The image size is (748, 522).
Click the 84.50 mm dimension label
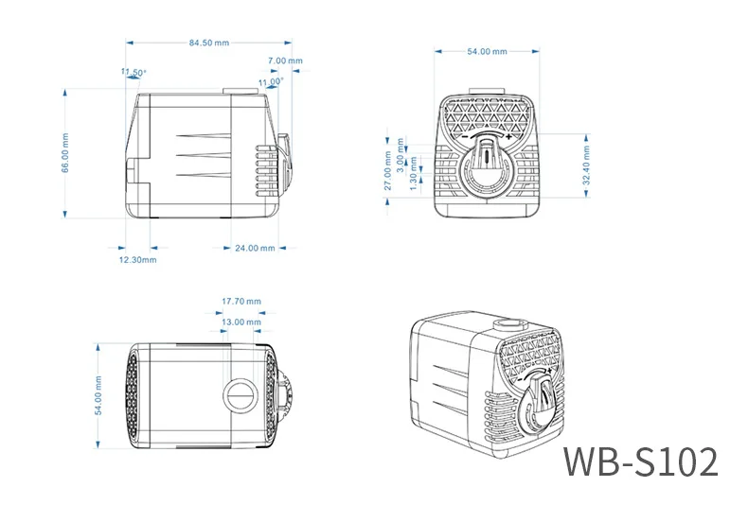pyautogui.click(x=209, y=43)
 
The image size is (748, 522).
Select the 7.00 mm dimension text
pyautogui.click(x=285, y=61)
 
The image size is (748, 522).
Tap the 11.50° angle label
pyautogui.click(x=134, y=73)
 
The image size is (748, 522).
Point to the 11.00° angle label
pyautogui.click(x=270, y=82)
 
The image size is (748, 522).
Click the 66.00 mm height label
pyautogui.click(x=66, y=153)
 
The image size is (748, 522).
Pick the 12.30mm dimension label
pyautogui.click(x=137, y=259)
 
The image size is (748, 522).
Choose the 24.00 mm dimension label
pyautogui.click(x=255, y=248)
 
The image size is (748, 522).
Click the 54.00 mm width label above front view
pyautogui.click(x=487, y=52)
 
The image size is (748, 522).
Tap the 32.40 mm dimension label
pyautogui.click(x=587, y=165)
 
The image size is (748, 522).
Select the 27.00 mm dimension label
pyautogui.click(x=387, y=171)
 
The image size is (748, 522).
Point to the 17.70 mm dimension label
pyautogui.click(x=240, y=302)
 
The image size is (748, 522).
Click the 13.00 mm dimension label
pyautogui.click(x=240, y=322)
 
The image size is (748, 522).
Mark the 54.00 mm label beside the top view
pyautogui.click(x=99, y=396)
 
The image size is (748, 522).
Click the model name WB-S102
pyautogui.click(x=640, y=461)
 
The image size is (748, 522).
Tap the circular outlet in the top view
pyautogui.click(x=240, y=393)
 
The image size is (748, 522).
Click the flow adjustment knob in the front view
pyautogui.click(x=487, y=164)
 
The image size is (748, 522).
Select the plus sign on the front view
pyautogui.click(x=510, y=137)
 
